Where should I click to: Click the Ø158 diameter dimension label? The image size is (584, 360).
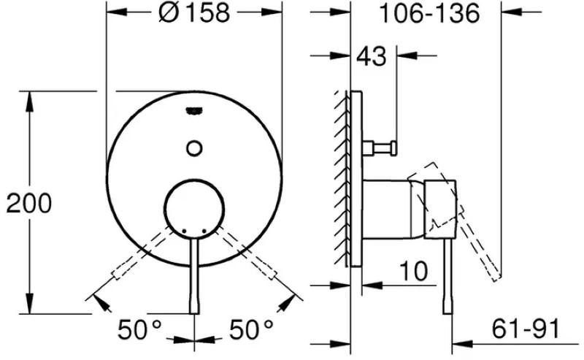(193, 12)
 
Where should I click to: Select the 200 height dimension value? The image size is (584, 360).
(29, 204)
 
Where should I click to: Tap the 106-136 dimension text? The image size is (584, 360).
(429, 14)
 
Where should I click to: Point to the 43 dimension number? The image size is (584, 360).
(372, 56)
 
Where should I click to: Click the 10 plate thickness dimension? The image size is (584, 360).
(413, 271)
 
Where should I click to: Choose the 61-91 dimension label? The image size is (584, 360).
(526, 329)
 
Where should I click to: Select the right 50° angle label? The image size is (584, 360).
(251, 329)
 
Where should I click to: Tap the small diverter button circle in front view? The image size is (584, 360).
(194, 148)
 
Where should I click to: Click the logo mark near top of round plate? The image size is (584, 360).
(194, 111)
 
